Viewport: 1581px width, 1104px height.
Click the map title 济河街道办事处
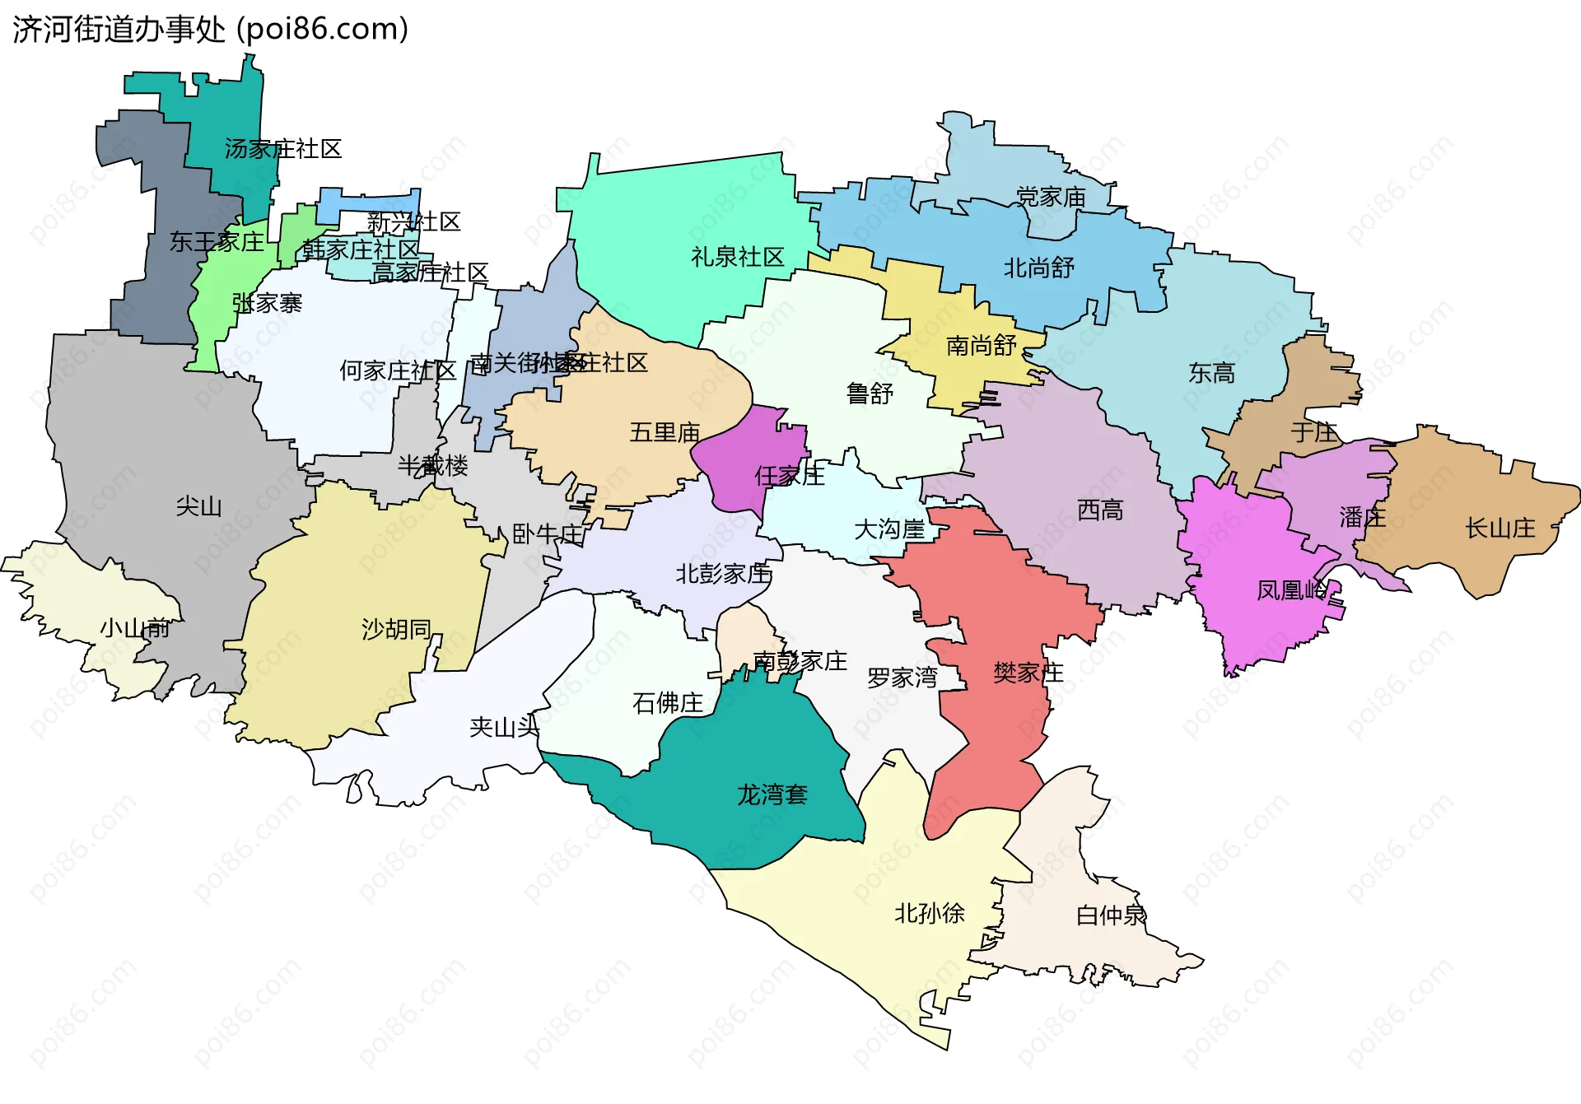coord(119,30)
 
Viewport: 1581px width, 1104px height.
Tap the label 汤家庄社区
coord(282,149)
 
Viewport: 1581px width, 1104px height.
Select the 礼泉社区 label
coord(737,257)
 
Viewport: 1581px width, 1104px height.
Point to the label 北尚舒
coord(1038,268)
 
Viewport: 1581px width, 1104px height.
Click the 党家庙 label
coord(1051,197)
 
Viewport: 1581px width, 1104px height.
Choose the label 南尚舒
coord(981,345)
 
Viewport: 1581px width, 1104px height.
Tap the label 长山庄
coord(1499,528)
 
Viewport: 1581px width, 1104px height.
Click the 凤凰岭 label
coord(1291,589)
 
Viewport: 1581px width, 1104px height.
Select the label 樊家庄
coord(1028,673)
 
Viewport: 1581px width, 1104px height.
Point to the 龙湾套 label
coord(772,794)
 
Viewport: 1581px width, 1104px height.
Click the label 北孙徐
coord(929,913)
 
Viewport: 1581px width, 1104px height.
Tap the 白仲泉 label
coord(1111,915)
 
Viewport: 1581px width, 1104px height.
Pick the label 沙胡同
coord(396,629)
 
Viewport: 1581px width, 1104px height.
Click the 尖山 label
coord(198,505)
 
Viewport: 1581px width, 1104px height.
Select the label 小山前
coord(134,628)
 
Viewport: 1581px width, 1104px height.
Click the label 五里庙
coord(664,432)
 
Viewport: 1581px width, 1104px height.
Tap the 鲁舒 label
coord(870,394)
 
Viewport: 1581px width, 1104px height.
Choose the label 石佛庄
coord(667,702)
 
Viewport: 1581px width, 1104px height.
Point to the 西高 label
coord(1099,510)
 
